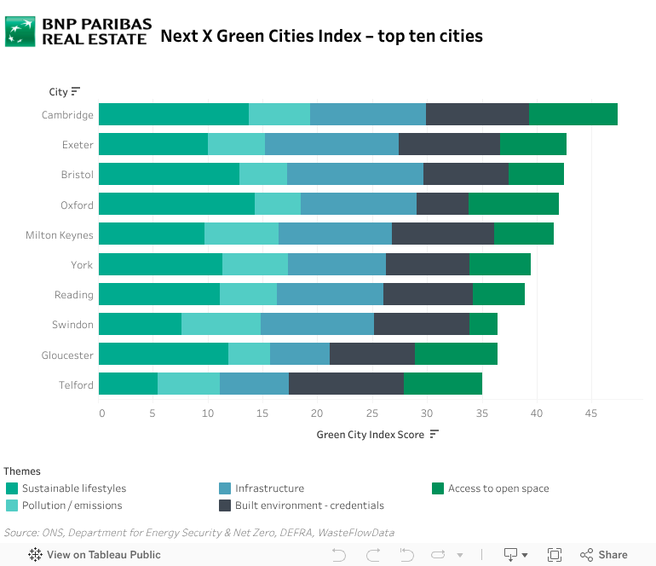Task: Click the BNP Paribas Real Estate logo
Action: [x=78, y=32]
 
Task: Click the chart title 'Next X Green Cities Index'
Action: [x=321, y=36]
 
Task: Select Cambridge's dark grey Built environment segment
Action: [x=477, y=114]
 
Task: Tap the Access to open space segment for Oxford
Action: [x=514, y=205]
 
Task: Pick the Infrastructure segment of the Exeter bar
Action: [x=331, y=144]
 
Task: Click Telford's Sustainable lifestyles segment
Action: [x=128, y=384]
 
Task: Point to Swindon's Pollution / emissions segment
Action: [x=221, y=325]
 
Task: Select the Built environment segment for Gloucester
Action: [x=372, y=355]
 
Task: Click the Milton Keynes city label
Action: [x=60, y=235]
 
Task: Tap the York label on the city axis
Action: [x=82, y=265]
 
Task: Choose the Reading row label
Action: [x=74, y=295]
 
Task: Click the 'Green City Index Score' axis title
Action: [x=371, y=435]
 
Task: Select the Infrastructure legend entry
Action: [x=269, y=488]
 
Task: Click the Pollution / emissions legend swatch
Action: [x=12, y=505]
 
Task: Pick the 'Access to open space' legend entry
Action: [x=498, y=488]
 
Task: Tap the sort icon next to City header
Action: [x=76, y=92]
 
